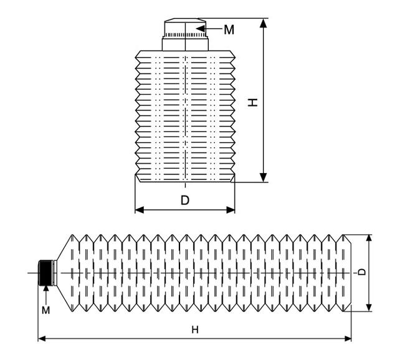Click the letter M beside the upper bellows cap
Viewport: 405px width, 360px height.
229,30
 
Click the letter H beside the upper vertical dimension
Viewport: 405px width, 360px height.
253,102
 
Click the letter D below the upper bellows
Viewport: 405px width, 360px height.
185,200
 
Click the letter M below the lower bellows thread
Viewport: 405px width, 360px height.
45,310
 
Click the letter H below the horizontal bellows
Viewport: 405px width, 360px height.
195,329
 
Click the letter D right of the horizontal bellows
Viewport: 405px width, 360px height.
363,272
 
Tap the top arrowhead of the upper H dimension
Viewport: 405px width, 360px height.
263,23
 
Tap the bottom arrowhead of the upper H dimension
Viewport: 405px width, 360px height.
263,178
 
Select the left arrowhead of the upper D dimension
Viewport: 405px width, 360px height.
140,210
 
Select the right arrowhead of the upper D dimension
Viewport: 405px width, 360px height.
231,210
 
